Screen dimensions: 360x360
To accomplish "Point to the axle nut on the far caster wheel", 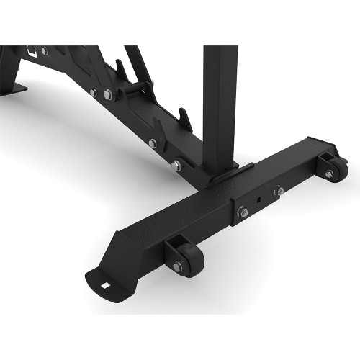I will (330, 173).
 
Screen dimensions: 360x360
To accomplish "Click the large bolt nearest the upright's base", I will (176, 166).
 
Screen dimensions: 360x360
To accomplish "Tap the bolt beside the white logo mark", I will (45, 51).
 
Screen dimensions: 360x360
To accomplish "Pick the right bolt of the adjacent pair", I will (107, 94).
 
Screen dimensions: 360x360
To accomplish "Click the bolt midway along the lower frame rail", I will (152, 143).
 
